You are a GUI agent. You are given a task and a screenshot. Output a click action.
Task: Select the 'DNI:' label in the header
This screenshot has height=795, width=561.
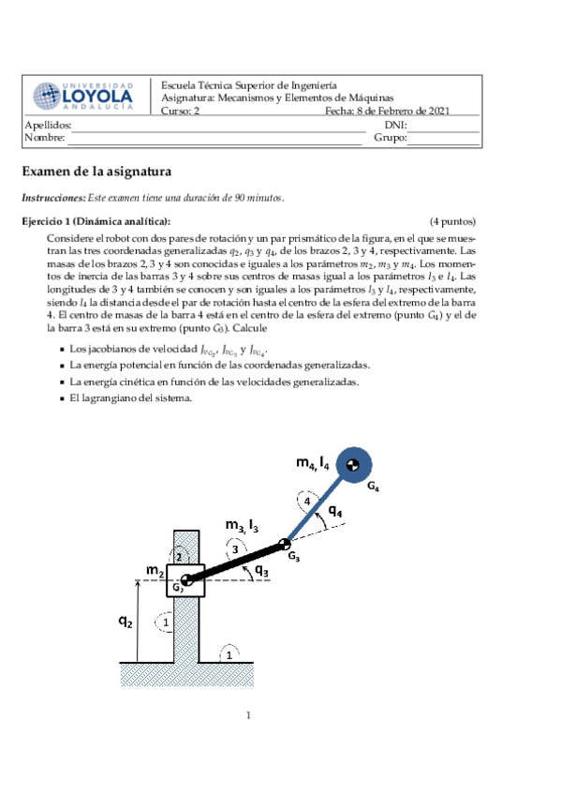point(394,125)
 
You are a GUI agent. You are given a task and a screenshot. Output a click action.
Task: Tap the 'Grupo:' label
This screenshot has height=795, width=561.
point(390,138)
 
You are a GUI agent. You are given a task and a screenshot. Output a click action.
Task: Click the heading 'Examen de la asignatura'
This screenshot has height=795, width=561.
point(110,172)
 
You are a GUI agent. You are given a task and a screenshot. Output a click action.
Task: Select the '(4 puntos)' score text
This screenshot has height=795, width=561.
point(452,221)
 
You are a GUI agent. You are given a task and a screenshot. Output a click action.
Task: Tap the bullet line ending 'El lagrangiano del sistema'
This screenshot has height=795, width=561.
point(130,397)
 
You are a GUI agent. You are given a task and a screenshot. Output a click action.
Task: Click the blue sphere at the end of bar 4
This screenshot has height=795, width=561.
point(351,464)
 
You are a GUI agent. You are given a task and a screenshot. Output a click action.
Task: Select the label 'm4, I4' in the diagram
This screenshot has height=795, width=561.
point(312,462)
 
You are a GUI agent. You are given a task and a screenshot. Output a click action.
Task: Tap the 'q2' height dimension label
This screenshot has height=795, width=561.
point(125,621)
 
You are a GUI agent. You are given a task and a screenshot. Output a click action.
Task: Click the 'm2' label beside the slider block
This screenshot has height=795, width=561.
point(155,570)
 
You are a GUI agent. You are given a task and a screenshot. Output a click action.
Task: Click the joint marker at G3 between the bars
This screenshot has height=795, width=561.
point(285,545)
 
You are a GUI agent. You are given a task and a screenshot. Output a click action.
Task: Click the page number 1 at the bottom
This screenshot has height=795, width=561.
point(250,716)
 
